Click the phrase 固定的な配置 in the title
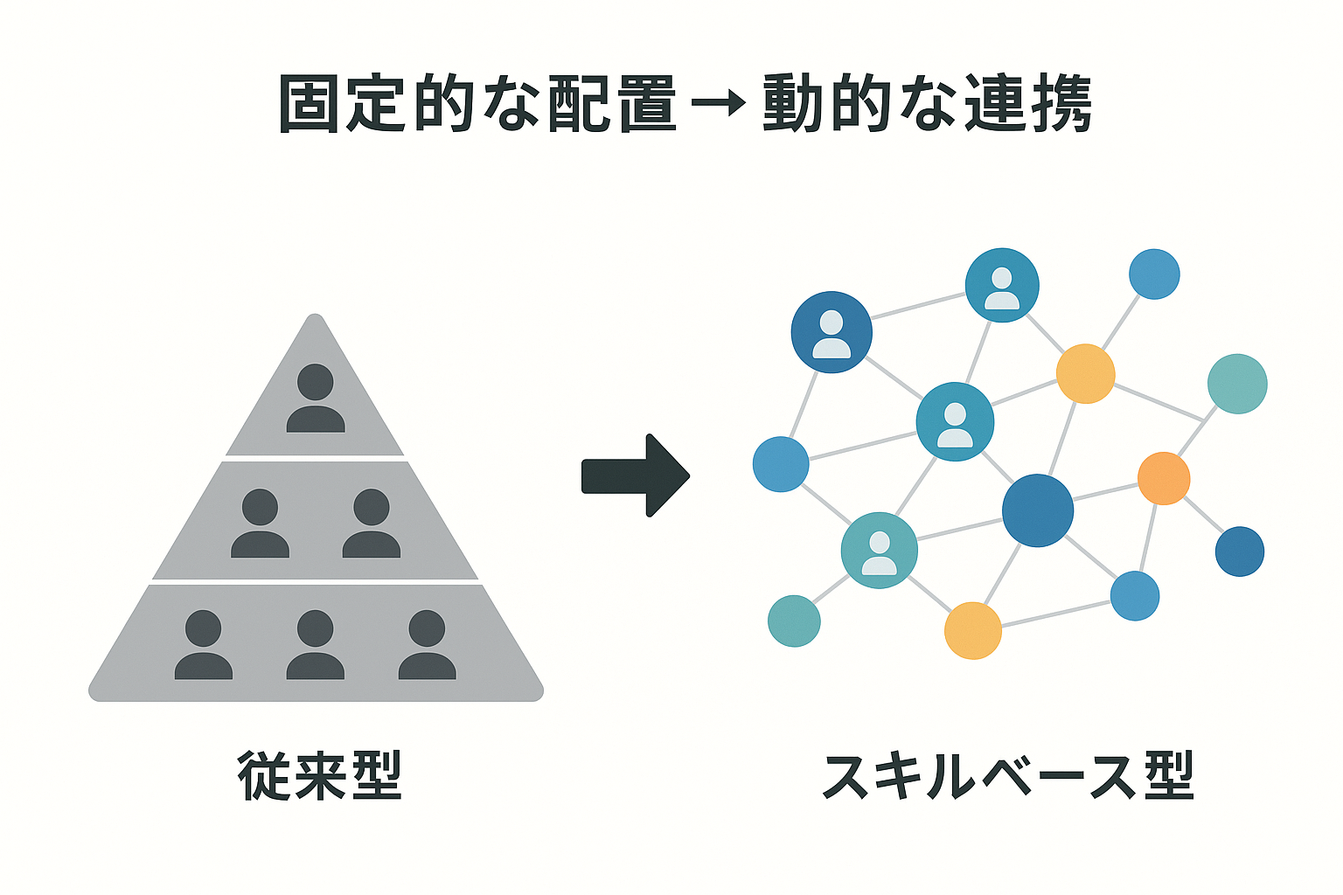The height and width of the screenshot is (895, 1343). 477,105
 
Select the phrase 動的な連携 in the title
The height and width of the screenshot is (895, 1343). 927,105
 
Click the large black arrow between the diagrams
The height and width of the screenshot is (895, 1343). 636,476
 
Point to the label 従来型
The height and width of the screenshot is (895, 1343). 320,775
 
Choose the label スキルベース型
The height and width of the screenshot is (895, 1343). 1008,775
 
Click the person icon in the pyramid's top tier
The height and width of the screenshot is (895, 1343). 316,399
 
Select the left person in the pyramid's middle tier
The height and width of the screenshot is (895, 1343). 261,524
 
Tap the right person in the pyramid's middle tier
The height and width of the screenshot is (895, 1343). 372,524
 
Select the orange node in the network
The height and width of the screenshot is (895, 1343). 1164,478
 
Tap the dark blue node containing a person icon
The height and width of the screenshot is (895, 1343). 832,332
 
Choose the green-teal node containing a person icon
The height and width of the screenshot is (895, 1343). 880,550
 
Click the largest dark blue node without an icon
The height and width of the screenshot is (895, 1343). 1038,510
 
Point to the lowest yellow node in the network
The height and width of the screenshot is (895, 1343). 973,630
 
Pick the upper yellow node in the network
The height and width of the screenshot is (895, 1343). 1086,374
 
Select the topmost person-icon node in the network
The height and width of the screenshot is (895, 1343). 1002,285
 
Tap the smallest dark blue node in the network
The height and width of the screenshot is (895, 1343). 1240,552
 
